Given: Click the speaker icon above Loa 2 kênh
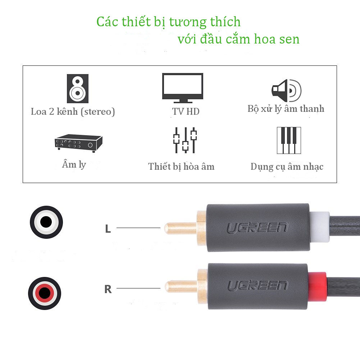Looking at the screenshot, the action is coord(77,88).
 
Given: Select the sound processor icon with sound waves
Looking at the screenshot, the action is coord(286,90).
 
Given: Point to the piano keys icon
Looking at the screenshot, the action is coord(288,140).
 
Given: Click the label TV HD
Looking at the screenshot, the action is coord(186,111).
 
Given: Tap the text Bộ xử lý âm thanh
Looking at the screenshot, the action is coord(286,109).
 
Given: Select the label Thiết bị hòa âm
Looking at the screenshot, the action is coord(181,167).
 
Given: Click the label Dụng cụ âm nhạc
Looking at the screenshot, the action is coord(287,167).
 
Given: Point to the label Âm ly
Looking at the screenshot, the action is coord(74,165).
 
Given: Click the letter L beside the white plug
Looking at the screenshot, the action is coord(108,229).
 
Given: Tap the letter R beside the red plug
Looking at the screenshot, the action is coord(108,289).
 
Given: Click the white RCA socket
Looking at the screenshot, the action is coord(46,222).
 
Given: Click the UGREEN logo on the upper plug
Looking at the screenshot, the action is coord(258,228).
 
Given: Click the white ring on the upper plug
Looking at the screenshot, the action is coord(320,227).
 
